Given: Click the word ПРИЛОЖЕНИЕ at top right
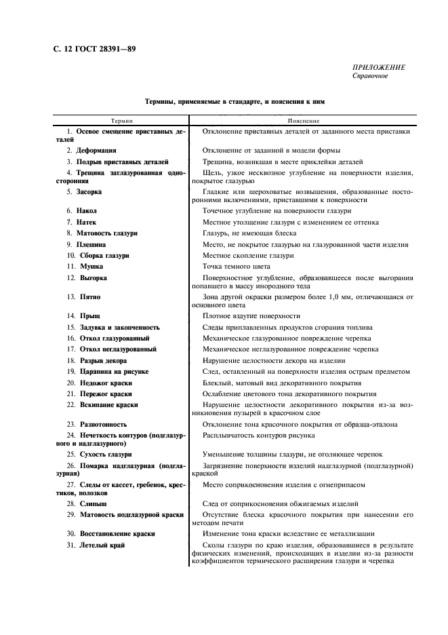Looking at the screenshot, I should (378, 67).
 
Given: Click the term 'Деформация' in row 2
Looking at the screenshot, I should (96, 150).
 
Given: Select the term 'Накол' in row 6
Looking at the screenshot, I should (87, 211).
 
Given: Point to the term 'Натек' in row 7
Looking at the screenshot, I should (87, 222).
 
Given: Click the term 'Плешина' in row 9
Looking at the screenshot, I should (91, 244).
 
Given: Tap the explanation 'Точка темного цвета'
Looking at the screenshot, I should (237, 267).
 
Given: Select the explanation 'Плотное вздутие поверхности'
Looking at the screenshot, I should (251, 316).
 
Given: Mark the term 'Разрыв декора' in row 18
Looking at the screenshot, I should (102, 361).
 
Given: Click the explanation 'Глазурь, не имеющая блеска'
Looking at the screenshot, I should (249, 233).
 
